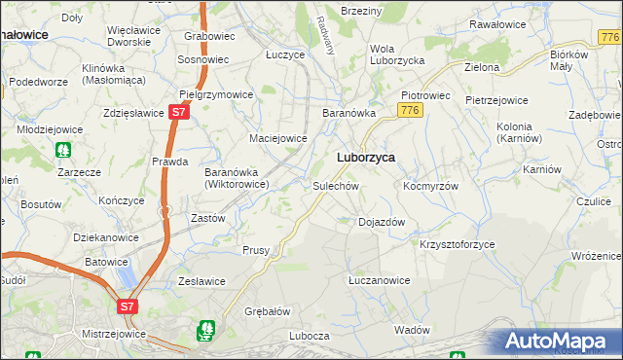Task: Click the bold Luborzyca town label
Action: click(x=365, y=158)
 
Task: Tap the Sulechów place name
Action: click(x=337, y=185)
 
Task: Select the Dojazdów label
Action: click(x=382, y=222)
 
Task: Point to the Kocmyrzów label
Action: click(x=430, y=185)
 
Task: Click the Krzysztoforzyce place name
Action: click(x=458, y=244)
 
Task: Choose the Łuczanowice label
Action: click(x=380, y=280)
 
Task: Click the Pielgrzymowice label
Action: click(x=217, y=94)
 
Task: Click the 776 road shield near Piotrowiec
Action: click(x=411, y=110)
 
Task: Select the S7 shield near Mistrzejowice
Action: click(x=128, y=306)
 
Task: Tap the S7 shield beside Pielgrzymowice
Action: click(x=177, y=113)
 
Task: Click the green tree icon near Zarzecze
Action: click(x=63, y=151)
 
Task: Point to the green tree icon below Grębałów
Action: click(x=205, y=332)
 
